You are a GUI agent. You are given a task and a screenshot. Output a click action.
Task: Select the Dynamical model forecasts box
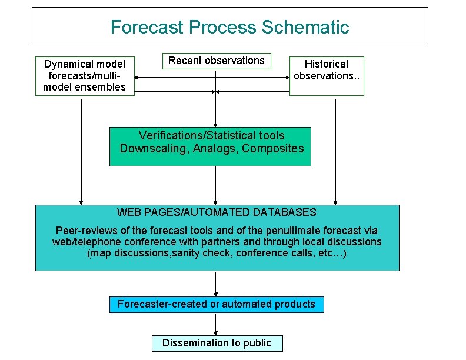[x=85, y=76]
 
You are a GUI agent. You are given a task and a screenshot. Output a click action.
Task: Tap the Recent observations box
[x=216, y=61]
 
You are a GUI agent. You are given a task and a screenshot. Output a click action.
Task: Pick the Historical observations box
[x=327, y=75]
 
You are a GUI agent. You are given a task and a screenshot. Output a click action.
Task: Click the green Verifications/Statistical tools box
[x=210, y=146]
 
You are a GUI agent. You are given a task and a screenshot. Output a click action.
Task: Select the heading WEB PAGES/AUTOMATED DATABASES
[x=216, y=212]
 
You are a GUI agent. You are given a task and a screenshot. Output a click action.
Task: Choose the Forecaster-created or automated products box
[x=216, y=304]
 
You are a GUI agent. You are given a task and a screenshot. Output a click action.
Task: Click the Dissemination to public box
[x=217, y=343]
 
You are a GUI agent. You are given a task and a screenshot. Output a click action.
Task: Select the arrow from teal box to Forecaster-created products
[x=216, y=284]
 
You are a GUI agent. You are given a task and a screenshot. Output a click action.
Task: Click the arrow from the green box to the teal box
[x=216, y=185]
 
